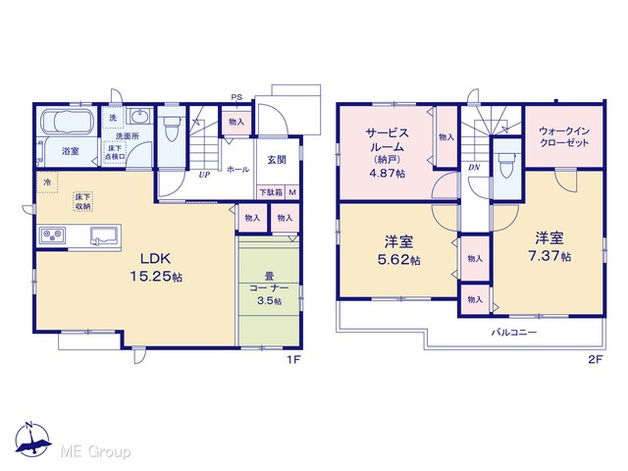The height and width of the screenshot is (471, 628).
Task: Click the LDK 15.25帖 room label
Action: [x=156, y=267]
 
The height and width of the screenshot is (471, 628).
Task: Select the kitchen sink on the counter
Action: [x=105, y=235]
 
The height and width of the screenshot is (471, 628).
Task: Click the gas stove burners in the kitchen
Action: [x=52, y=235]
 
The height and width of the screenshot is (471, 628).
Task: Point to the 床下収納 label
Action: [x=82, y=201]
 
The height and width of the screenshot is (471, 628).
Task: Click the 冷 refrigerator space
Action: [x=47, y=183]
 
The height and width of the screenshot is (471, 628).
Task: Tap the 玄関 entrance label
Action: [x=277, y=159]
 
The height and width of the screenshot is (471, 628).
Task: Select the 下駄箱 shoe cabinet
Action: [x=271, y=192]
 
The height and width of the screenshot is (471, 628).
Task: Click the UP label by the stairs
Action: [x=204, y=175]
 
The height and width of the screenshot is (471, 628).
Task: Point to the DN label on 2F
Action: [x=474, y=168]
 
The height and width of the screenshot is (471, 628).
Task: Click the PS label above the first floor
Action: [x=236, y=97]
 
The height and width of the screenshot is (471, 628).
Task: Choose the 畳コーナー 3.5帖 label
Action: [x=269, y=288]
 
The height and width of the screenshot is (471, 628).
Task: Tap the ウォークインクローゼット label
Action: [x=564, y=136]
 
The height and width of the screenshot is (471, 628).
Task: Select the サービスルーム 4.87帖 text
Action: [x=388, y=152]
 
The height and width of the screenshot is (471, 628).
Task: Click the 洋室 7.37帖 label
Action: [x=549, y=246]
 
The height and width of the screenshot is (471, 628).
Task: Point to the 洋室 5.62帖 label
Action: [x=398, y=250]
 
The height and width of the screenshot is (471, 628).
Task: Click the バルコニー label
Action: [x=514, y=332]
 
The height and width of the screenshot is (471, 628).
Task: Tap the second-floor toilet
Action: [x=506, y=166]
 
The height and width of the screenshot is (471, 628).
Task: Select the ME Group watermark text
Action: [x=95, y=451]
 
